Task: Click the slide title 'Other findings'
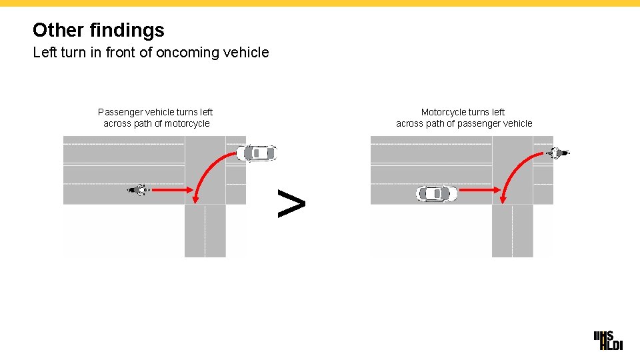(x=98, y=30)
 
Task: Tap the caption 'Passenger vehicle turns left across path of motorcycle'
(x=155, y=118)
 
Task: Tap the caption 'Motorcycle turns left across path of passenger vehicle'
(x=464, y=118)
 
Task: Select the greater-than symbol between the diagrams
(x=291, y=203)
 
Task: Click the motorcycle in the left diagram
(x=139, y=190)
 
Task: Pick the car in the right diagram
(x=437, y=194)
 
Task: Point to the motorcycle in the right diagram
(x=557, y=153)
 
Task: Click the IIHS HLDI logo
(x=607, y=340)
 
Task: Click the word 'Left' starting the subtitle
(x=45, y=52)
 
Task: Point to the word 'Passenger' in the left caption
(x=119, y=112)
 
